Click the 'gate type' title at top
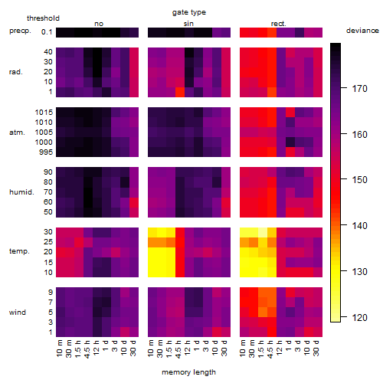point(189,12)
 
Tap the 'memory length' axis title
point(188,372)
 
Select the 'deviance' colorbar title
point(362,31)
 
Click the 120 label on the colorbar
point(359,318)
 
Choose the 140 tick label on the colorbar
point(359,226)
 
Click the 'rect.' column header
point(279,24)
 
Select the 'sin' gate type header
point(188,24)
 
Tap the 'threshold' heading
point(43,18)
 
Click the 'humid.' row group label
point(21,192)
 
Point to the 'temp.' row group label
point(19,251)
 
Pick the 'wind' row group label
point(18,313)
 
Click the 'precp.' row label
point(20,31)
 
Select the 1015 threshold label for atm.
point(44,113)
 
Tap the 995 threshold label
point(46,152)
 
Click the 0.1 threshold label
point(47,32)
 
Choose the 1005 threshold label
point(44,133)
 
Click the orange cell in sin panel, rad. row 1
point(180,92)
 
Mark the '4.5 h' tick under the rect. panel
point(270,349)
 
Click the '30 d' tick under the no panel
point(133,348)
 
